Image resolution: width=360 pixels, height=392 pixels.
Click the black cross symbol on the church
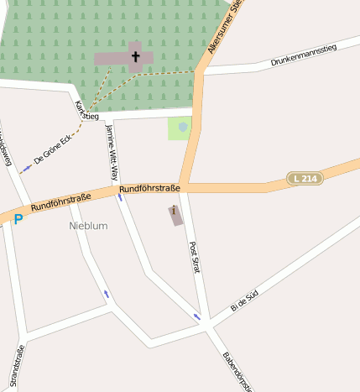tap(135, 57)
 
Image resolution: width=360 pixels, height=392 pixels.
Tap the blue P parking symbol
tap(18, 220)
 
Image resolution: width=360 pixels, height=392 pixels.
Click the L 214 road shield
tap(305, 178)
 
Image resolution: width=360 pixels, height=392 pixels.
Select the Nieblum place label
tap(88, 226)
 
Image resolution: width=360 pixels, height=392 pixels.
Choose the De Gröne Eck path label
tap(53, 148)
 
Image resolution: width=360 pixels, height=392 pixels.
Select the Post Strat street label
tap(195, 259)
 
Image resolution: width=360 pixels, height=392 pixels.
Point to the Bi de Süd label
tap(244, 300)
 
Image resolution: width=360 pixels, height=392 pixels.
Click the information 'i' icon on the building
tap(174, 212)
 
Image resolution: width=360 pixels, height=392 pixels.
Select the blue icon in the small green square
tap(182, 127)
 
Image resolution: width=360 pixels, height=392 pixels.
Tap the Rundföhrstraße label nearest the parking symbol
tap(60, 202)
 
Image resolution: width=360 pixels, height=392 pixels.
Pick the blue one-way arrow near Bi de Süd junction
tap(197, 316)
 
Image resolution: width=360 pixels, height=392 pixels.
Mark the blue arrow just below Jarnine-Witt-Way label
tap(120, 198)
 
